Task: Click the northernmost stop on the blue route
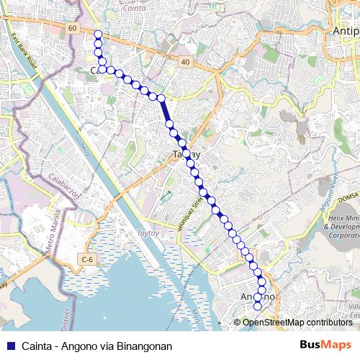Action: coord(98,34)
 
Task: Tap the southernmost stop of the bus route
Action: coord(257,307)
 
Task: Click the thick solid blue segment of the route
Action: coord(166,111)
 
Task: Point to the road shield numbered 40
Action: coord(186,63)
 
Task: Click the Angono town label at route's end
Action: coord(257,297)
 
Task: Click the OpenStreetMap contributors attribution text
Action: coord(297,323)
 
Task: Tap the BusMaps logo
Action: coord(325,346)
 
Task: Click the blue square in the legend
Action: coord(9,346)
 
